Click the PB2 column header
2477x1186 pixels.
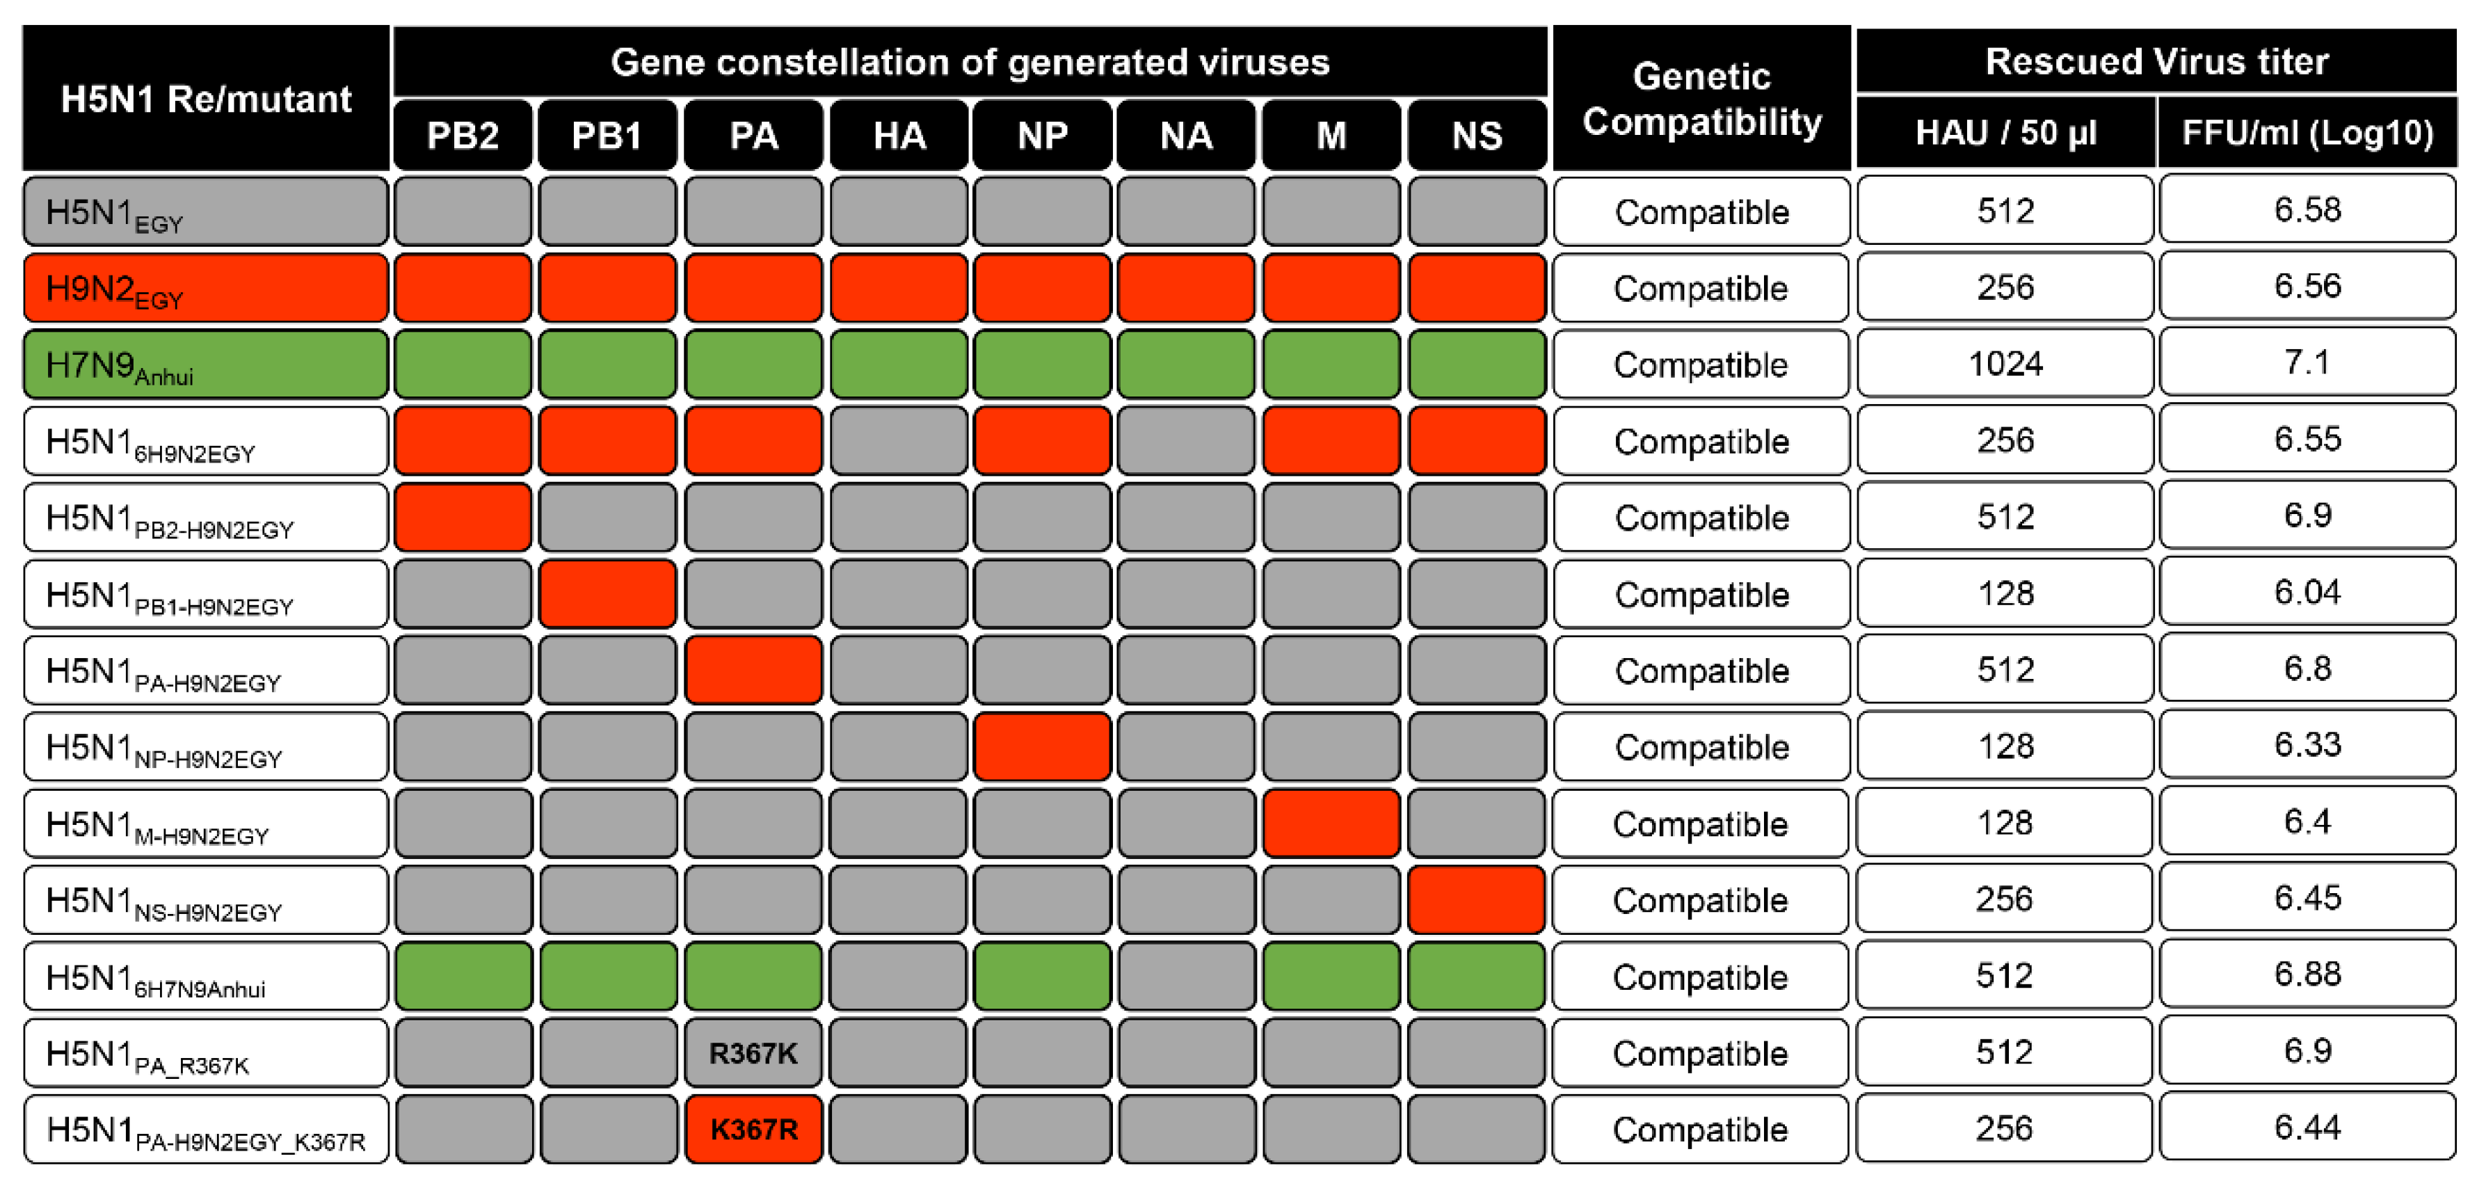463,135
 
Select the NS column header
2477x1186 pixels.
1476,135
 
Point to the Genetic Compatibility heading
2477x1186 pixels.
1701,99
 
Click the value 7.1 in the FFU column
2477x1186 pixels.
2307,362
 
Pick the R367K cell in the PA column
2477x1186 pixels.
753,1053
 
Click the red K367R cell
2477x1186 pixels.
753,1129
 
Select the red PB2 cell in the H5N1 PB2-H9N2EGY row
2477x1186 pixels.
463,518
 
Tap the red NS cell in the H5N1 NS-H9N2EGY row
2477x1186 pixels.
1476,899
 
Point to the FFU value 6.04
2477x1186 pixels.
2307,593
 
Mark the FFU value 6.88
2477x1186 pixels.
2307,975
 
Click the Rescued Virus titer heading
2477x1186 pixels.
2156,61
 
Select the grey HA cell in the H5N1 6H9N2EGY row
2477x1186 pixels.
898,440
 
